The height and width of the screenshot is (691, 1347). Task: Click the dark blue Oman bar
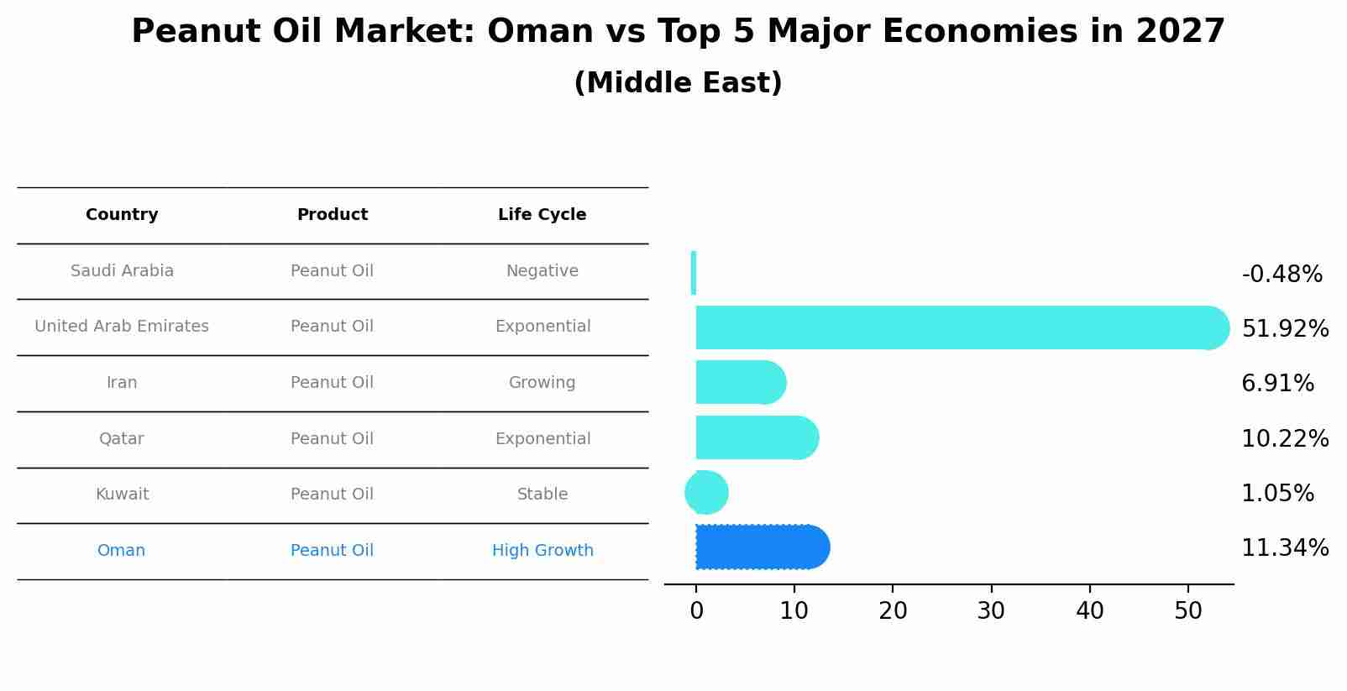click(761, 547)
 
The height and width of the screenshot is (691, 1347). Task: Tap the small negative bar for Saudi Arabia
click(694, 273)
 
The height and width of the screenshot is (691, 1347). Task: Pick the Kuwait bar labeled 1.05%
click(706, 493)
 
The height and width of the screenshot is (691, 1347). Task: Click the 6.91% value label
click(1277, 384)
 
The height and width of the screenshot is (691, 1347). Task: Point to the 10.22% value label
click(1285, 439)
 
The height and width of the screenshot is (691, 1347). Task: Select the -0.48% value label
click(1281, 275)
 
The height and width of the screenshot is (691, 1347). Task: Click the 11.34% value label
click(1285, 548)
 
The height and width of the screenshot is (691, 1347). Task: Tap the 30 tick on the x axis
click(991, 611)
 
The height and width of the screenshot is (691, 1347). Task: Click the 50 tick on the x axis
click(1188, 611)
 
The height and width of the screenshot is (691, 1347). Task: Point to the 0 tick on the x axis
click(696, 611)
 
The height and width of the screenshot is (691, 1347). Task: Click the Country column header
click(122, 215)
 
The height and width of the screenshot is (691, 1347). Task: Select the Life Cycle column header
click(542, 215)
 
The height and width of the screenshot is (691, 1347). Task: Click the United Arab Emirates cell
click(122, 327)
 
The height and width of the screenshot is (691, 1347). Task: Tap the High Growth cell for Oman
click(542, 551)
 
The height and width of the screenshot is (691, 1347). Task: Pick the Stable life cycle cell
click(542, 495)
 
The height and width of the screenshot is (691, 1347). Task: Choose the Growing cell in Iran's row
click(542, 383)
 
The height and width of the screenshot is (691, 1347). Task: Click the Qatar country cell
click(122, 439)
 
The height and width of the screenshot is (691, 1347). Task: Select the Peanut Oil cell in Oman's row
click(332, 551)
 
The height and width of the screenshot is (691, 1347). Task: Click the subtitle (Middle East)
click(678, 83)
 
